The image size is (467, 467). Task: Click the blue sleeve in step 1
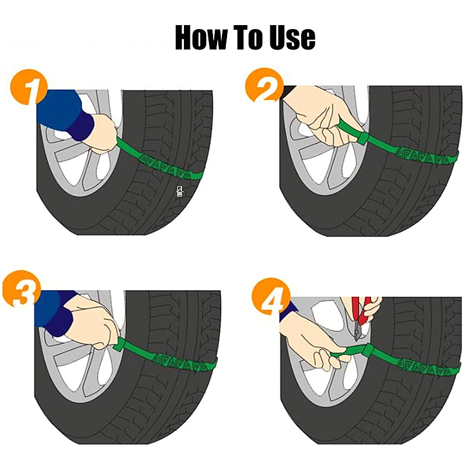pyautogui.click(x=61, y=114)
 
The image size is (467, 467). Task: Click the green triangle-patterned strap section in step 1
pyautogui.click(x=166, y=171)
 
